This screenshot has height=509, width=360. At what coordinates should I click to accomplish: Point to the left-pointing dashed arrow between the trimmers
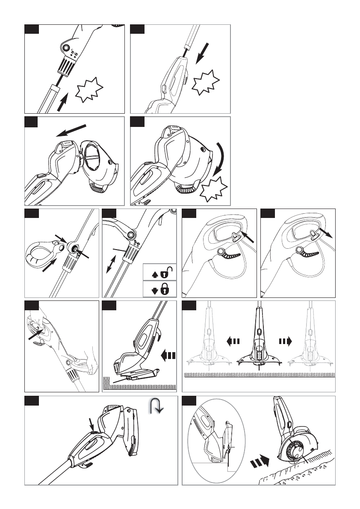coord(235,341)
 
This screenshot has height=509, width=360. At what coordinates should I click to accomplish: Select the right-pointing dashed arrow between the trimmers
coord(285,341)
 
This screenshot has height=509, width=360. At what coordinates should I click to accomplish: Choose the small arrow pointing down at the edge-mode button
coord(91,424)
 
